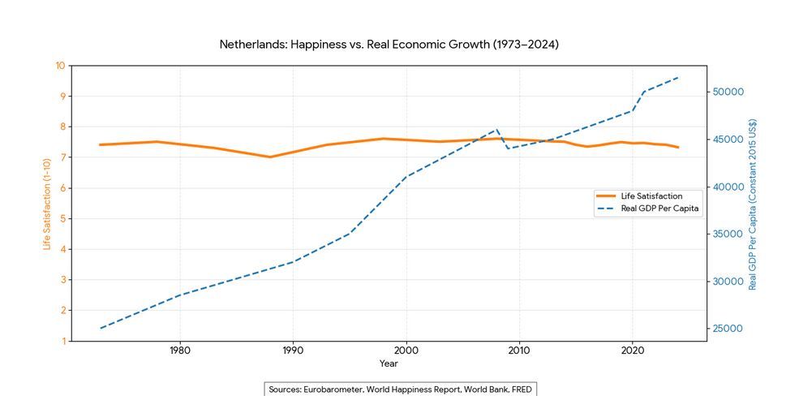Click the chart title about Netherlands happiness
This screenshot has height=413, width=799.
point(389,44)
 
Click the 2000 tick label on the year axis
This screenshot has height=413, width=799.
point(406,351)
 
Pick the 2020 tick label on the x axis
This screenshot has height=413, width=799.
point(632,351)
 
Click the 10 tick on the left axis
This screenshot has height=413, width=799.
point(60,66)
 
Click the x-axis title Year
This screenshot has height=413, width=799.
point(389,364)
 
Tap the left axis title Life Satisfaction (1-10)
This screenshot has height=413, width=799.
point(46,203)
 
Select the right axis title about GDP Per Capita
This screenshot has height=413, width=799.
point(753,203)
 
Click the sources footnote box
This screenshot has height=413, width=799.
point(401,389)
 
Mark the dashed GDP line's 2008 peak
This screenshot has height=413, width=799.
point(496,129)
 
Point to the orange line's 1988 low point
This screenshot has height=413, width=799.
point(270,157)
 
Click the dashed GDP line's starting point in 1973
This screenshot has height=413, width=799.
point(101,328)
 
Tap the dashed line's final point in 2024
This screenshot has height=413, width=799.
point(677,78)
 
